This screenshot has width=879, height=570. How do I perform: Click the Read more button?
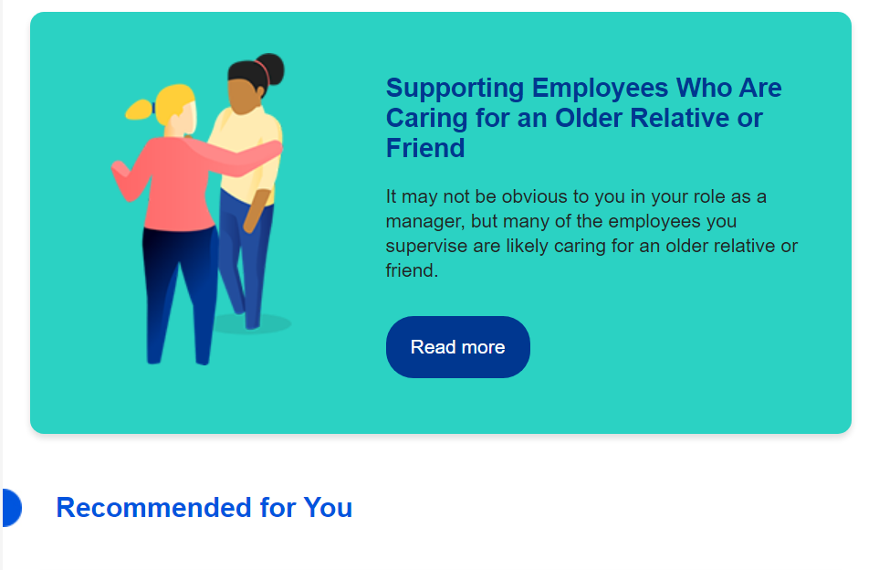click(x=458, y=347)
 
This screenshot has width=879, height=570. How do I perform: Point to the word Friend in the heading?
click(x=425, y=148)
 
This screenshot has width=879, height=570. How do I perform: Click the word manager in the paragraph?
click(x=425, y=222)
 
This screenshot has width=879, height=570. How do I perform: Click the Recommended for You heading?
click(x=204, y=508)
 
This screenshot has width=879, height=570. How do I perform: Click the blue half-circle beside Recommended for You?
click(x=11, y=508)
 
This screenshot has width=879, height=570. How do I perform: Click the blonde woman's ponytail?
click(x=140, y=110)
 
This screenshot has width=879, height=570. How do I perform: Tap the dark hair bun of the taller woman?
click(x=271, y=69)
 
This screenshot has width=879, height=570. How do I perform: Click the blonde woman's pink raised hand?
click(x=120, y=171)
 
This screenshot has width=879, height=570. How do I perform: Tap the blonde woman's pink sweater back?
click(x=176, y=185)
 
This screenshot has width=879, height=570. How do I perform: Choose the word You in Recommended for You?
click(x=328, y=508)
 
